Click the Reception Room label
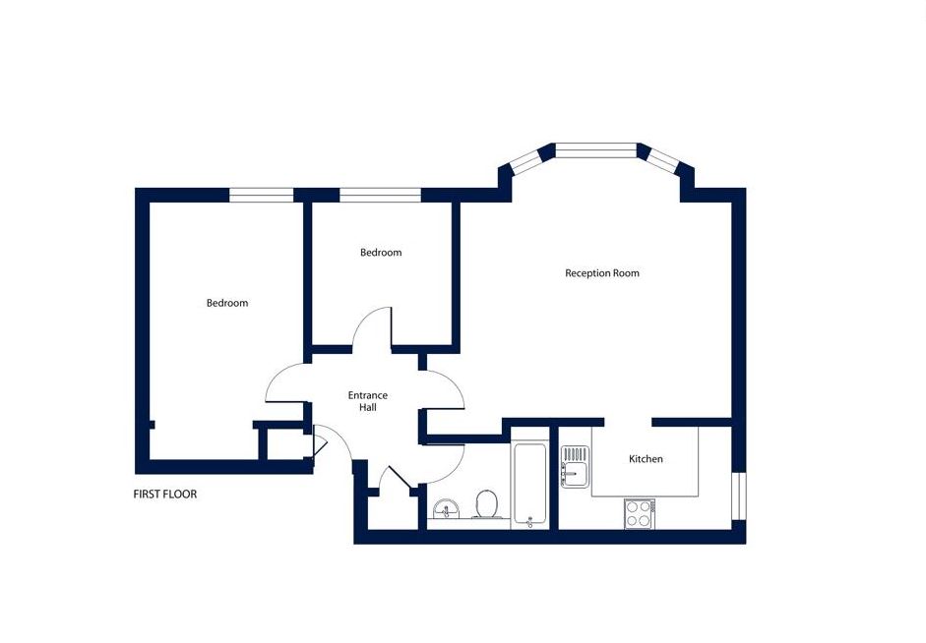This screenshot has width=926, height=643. point(602,273)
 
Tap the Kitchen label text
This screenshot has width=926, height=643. point(646,459)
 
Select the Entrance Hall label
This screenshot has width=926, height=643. point(367,401)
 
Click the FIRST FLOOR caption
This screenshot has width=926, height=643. point(165,495)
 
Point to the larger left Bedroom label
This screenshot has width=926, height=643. point(226,303)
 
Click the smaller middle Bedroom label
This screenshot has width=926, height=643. point(381,253)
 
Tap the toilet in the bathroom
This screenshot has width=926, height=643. point(487,505)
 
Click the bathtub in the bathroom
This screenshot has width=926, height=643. point(529,484)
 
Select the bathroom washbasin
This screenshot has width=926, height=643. point(448,509)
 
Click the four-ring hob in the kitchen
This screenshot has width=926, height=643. point(640,513)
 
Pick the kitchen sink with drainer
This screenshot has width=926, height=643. point(576,467)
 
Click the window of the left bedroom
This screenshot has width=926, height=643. point(261,195)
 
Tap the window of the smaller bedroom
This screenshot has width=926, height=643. point(380,195)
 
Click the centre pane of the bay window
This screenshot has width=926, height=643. point(596,150)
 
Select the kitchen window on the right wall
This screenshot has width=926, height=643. point(739,496)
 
